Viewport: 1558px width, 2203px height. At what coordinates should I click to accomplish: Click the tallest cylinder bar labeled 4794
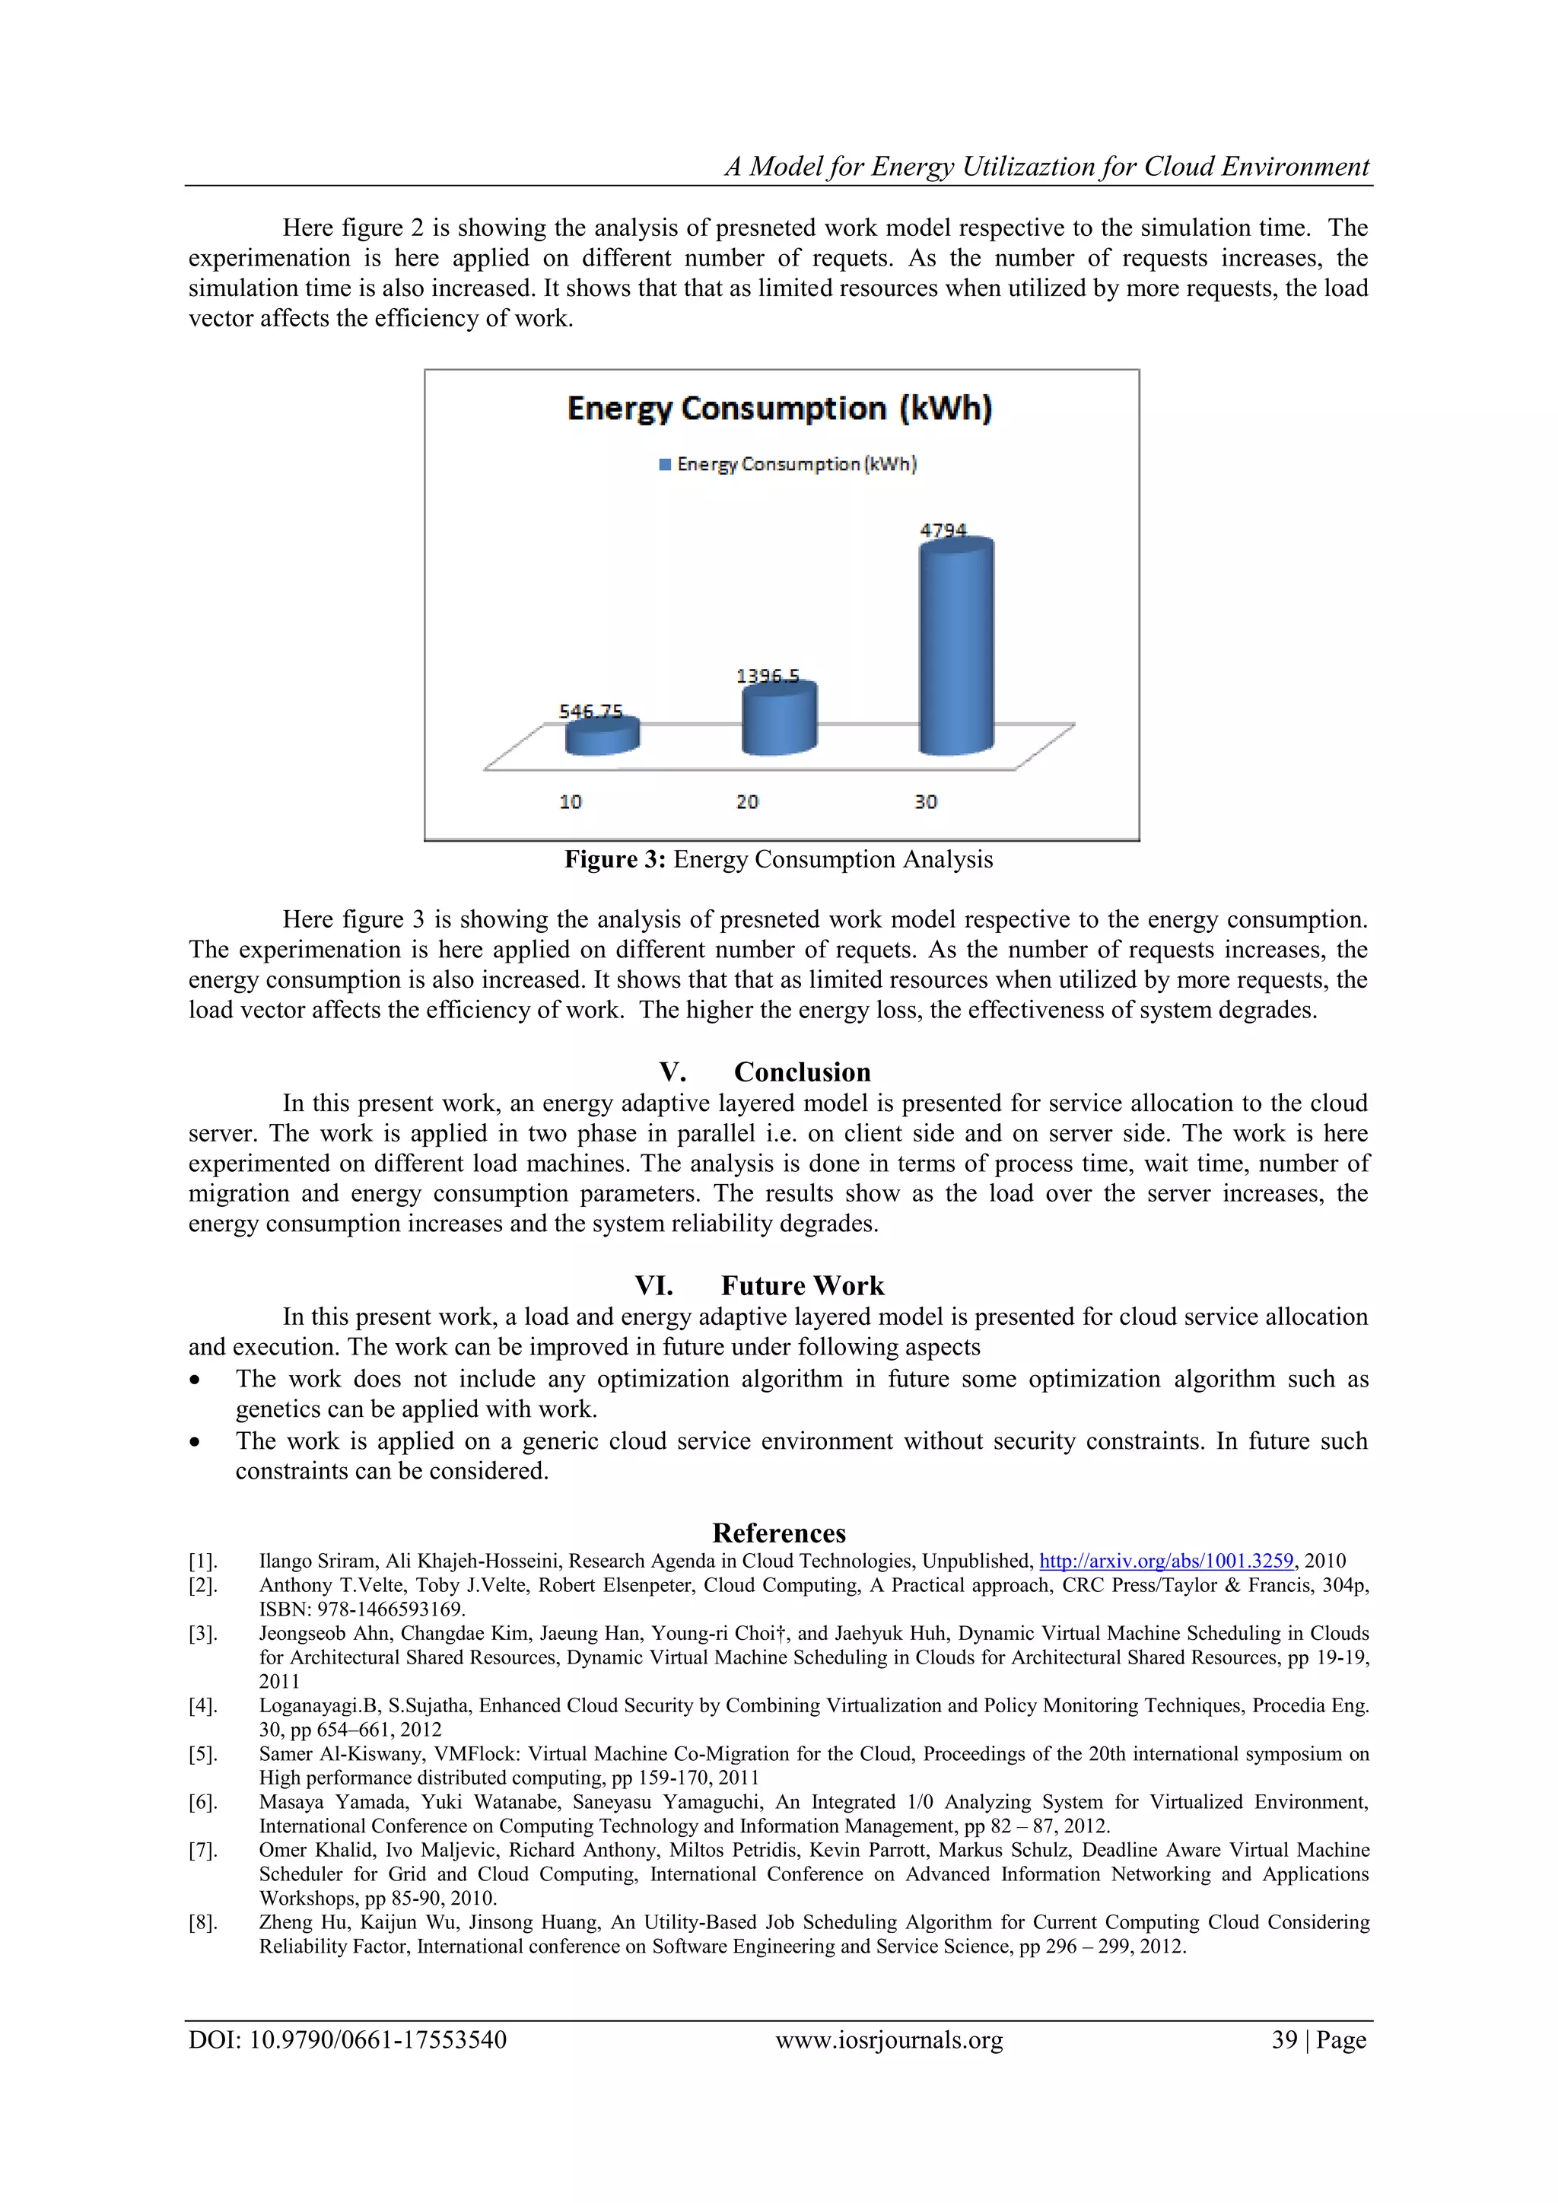coord(955,648)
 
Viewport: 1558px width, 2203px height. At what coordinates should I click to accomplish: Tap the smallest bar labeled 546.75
coord(602,738)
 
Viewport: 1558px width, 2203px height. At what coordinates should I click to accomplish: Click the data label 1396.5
coord(768,676)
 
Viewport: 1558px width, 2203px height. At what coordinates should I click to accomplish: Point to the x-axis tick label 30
coord(925,801)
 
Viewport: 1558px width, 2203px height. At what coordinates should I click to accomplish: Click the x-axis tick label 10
coord(570,801)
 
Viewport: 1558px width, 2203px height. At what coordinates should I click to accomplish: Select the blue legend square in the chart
coord(665,464)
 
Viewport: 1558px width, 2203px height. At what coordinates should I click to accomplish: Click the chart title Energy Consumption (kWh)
coord(779,408)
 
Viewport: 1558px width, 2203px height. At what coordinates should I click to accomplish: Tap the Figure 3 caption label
coord(614,860)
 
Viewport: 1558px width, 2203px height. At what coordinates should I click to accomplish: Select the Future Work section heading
coord(802,1286)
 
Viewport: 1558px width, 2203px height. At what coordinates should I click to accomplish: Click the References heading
coord(779,1533)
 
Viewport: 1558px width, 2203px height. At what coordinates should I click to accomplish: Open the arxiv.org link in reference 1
coord(1165,1561)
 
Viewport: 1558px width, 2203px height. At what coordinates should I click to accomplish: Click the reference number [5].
coord(202,1754)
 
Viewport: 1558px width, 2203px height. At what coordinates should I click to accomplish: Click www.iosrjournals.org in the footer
coord(889,2040)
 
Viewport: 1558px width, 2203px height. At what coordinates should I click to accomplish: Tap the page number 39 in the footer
coord(1283,2040)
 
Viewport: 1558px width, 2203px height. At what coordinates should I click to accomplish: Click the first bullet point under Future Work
coord(196,1380)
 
